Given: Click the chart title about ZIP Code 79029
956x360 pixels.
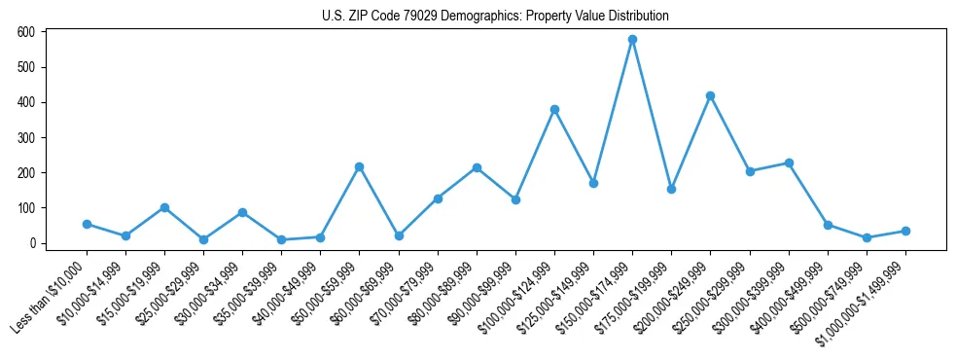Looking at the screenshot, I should pyautogui.click(x=495, y=17).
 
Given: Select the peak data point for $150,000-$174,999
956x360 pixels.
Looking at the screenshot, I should pyautogui.click(x=632, y=40).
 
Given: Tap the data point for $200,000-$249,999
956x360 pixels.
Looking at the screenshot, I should pyautogui.click(x=710, y=95).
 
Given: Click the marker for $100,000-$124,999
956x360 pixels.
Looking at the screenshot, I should pyautogui.click(x=554, y=109).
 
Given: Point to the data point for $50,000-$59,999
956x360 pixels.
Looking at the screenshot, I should pyautogui.click(x=359, y=166).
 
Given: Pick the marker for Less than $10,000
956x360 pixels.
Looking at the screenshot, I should pyautogui.click(x=87, y=224).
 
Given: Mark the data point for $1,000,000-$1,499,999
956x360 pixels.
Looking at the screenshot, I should pyautogui.click(x=905, y=231).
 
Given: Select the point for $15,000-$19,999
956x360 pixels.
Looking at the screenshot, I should pyautogui.click(x=164, y=207).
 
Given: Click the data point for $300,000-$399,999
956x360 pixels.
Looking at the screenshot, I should pyautogui.click(x=789, y=162).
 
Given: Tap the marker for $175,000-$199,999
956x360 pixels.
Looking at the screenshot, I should pyautogui.click(x=671, y=189).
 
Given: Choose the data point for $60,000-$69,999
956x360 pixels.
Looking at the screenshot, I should pyautogui.click(x=398, y=235).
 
